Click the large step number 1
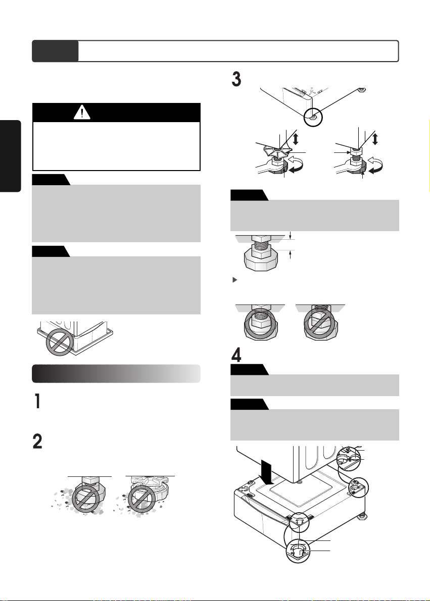tap(37, 401)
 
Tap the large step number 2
tap(37, 442)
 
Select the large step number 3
tap(236, 79)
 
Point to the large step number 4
tap(236, 355)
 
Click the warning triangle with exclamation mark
tap(82, 113)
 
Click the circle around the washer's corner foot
tap(313, 117)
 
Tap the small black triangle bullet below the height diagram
tap(235, 280)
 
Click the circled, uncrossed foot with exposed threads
tap(260, 323)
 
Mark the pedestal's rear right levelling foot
tap(362, 516)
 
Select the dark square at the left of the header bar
tap(55, 51)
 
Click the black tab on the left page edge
tap(11, 156)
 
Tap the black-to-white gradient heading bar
tap(116, 374)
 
